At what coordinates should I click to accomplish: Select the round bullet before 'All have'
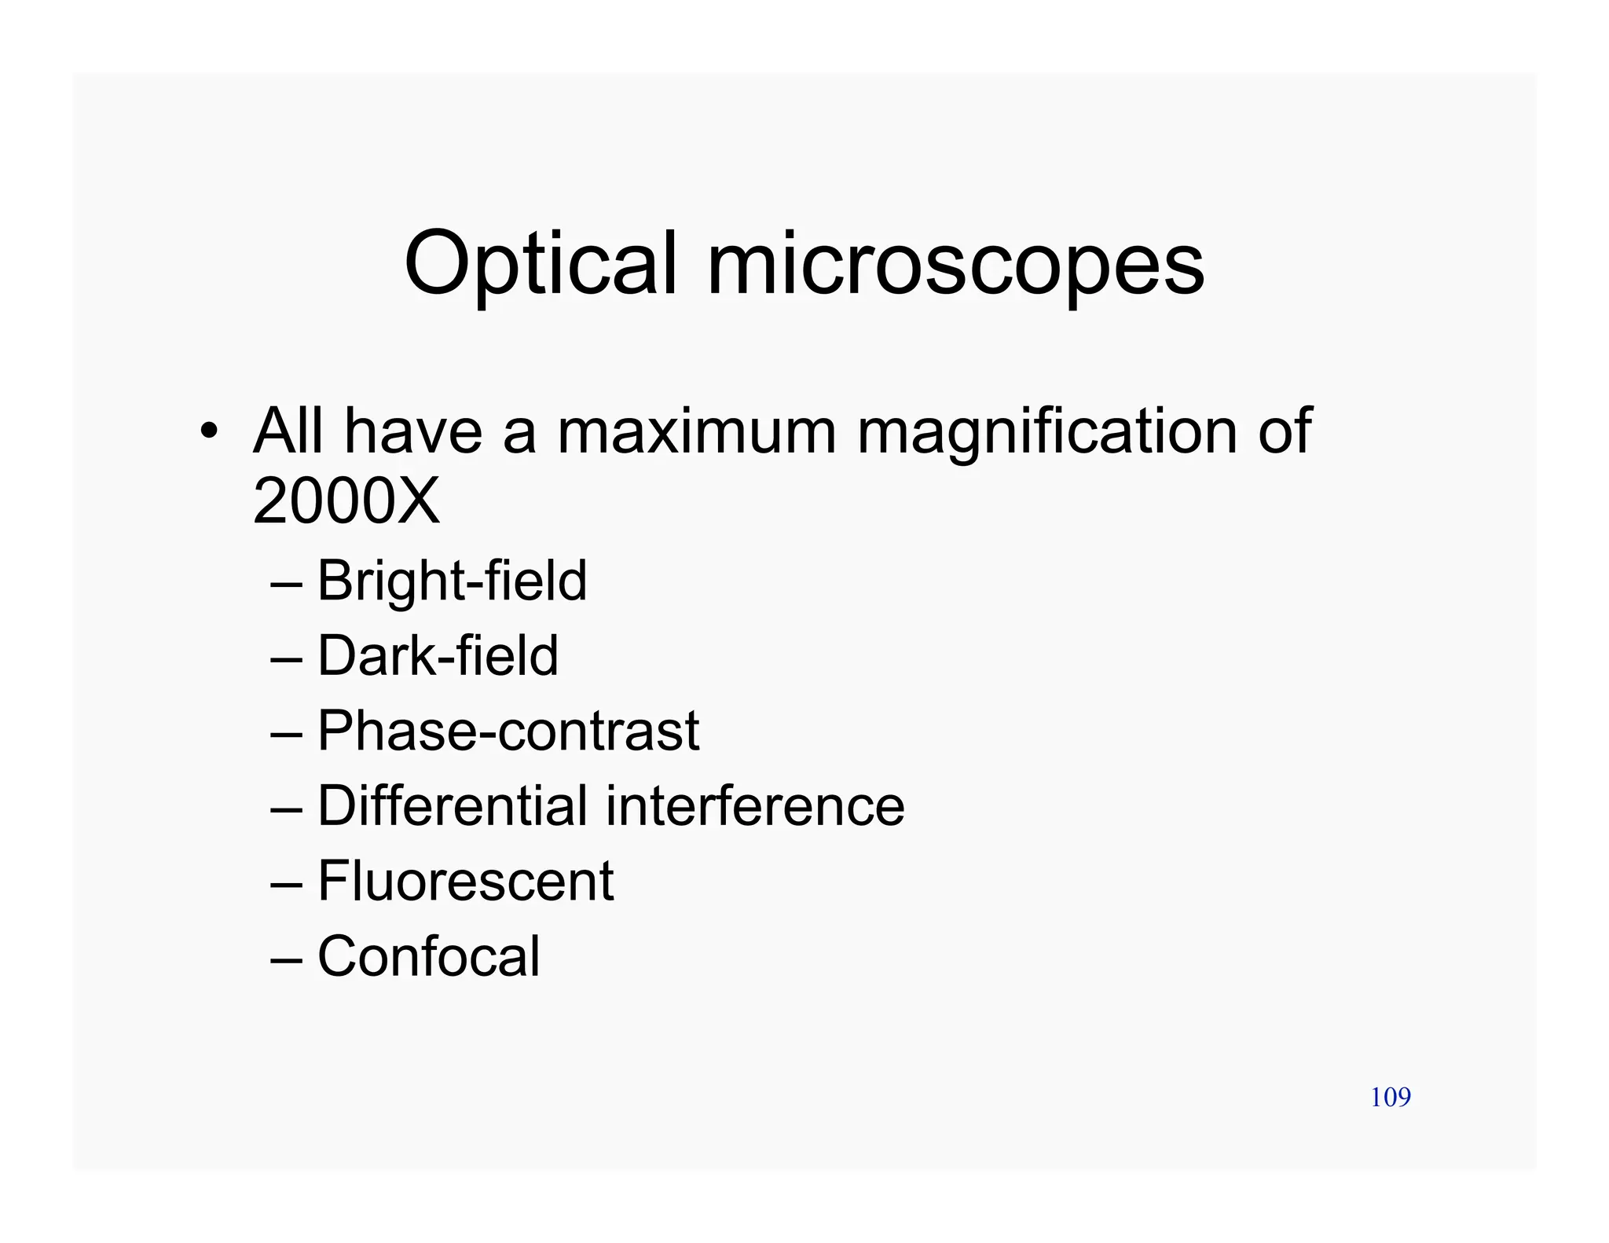click(207, 431)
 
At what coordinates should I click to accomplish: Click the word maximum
click(697, 431)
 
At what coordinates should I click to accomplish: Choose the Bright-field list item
click(452, 581)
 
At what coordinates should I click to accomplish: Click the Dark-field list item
click(438, 655)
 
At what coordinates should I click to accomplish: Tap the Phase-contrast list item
click(508, 731)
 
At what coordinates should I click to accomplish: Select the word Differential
click(452, 805)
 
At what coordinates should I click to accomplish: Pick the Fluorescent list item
click(465, 881)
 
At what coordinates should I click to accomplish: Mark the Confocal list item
click(428, 956)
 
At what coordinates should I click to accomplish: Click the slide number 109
click(1390, 1097)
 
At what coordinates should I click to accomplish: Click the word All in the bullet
click(288, 431)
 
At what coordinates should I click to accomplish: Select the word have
click(413, 431)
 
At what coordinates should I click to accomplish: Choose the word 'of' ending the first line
click(1285, 431)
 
